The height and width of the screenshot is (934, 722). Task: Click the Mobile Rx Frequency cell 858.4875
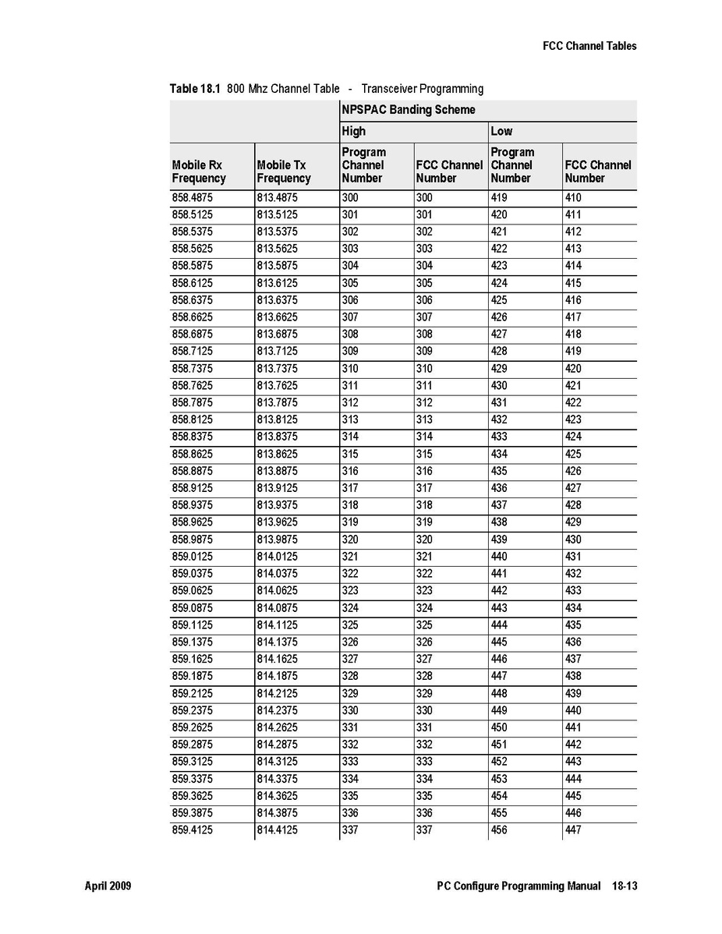[x=192, y=198]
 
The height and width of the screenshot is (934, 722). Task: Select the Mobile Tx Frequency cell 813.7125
[x=277, y=352]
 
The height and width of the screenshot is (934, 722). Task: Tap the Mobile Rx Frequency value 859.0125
[x=192, y=557]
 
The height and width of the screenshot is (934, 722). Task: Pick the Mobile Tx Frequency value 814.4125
[x=277, y=830]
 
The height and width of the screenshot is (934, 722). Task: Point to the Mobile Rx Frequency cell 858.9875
[x=192, y=540]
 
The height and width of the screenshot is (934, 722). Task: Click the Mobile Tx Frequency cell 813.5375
[x=277, y=232]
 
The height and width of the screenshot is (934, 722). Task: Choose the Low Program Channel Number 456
[x=499, y=830]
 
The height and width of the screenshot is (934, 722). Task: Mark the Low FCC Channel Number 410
[x=573, y=198]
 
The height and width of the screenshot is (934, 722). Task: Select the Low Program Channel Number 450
[x=499, y=727]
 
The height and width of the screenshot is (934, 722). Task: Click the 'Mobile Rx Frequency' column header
[x=199, y=172]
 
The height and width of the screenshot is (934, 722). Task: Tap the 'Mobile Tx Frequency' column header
[x=284, y=172]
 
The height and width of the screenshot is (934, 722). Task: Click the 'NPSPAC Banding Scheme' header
[x=408, y=110]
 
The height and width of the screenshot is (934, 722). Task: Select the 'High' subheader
[x=353, y=131]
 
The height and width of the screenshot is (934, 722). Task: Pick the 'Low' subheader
[x=501, y=131]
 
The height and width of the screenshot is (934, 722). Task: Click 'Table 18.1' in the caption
[x=196, y=89]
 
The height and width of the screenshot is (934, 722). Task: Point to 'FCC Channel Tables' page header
[x=589, y=46]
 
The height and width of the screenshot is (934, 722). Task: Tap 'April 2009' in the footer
[x=108, y=886]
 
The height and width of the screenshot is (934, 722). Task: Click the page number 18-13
[x=622, y=886]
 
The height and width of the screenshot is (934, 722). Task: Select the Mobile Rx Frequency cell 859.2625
[x=192, y=727]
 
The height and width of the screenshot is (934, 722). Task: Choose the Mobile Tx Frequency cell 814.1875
[x=277, y=676]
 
